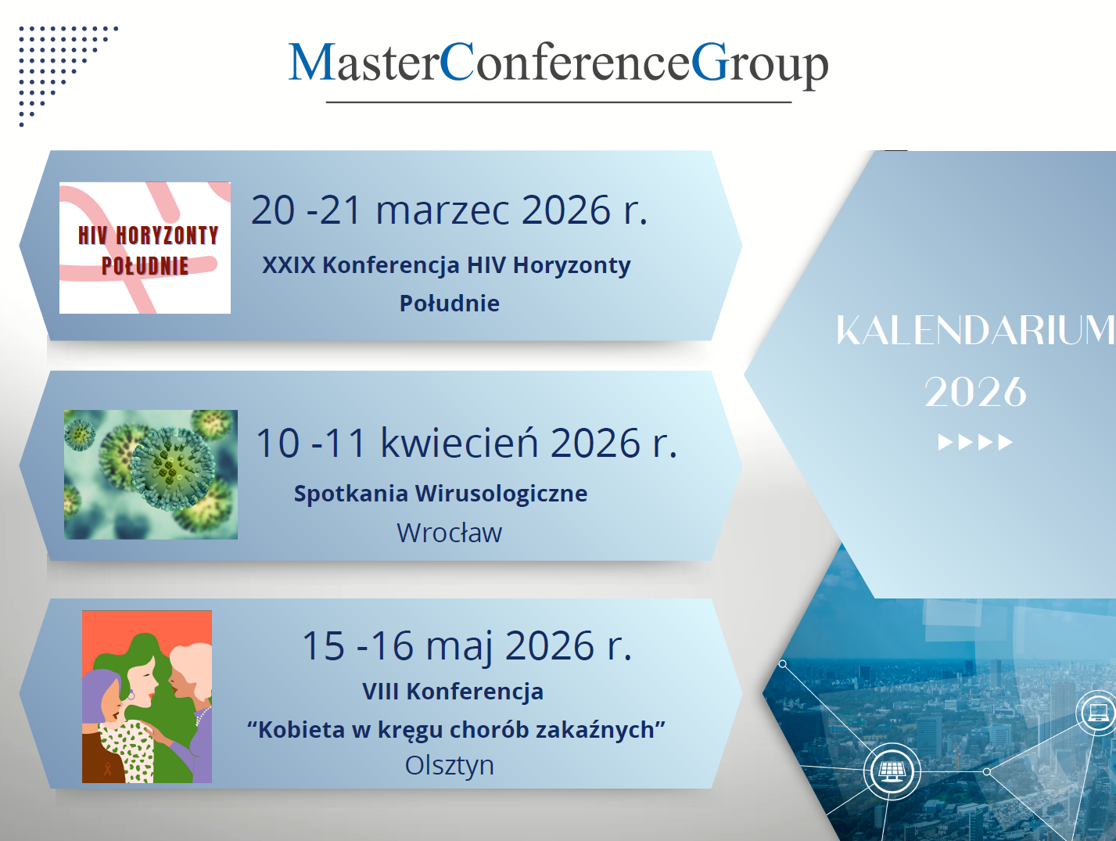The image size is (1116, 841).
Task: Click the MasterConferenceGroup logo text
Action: pos(558,64)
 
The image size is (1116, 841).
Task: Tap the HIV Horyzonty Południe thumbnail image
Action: pos(145,248)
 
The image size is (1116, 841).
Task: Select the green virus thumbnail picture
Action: pos(150,474)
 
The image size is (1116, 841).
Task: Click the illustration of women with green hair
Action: pos(147,696)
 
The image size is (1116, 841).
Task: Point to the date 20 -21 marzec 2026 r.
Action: pos(450,210)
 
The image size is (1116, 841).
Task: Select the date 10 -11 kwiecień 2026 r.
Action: pos(467,443)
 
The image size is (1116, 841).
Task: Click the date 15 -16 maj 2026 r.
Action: pos(467,646)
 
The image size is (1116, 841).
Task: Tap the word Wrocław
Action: pos(450,533)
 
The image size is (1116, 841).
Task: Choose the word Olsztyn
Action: pos(450,766)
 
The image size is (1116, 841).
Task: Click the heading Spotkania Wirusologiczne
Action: pos(441,494)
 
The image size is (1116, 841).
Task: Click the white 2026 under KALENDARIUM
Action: pos(975,392)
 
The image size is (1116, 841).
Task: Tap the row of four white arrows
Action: pos(975,442)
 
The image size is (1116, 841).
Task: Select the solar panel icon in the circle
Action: pos(892,772)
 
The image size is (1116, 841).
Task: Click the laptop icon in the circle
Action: pos(1098,712)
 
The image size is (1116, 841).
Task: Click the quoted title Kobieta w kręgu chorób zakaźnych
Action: pos(456,730)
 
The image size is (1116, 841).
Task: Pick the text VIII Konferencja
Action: pos(453,692)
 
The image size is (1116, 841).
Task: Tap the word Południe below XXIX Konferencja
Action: pos(450,304)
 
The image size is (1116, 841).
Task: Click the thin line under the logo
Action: pos(558,102)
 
